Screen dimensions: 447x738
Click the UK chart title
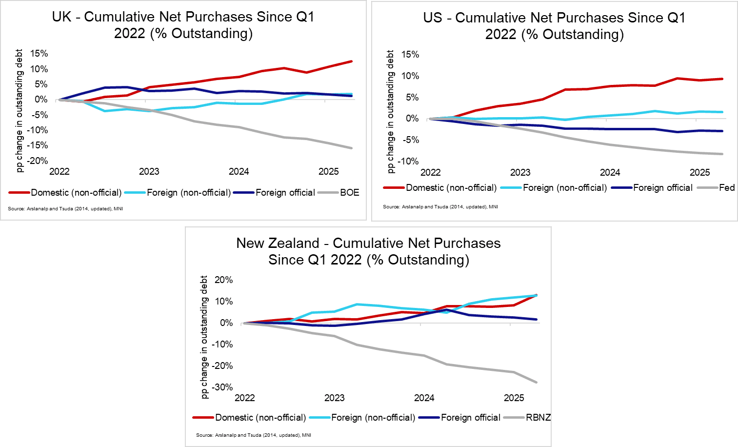coord(183,25)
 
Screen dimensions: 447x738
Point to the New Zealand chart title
coord(369,251)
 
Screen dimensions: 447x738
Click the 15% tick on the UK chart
coord(39,54)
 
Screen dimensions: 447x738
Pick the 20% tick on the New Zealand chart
coord(223,280)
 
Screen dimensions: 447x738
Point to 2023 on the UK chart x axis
coord(149,171)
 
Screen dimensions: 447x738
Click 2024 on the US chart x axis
coord(610,172)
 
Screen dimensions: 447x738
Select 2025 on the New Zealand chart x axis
coord(514,398)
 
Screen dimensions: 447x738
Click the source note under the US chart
coord(440,207)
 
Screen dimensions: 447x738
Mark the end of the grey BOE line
coord(351,148)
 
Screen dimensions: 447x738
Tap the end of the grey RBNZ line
coord(537,382)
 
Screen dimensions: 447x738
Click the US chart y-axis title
coord(390,112)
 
